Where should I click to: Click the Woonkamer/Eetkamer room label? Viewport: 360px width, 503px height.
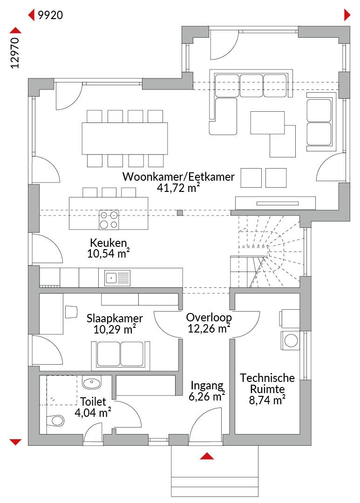(x=178, y=177)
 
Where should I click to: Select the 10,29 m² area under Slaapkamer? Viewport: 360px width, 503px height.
(x=115, y=329)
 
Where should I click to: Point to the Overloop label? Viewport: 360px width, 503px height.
(x=209, y=318)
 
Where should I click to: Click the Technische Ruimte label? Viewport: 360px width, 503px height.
(x=267, y=383)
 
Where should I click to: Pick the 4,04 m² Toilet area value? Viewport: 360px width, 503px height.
(x=93, y=413)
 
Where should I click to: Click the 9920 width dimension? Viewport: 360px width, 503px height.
(x=50, y=15)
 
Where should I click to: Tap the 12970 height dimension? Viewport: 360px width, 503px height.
(x=15, y=53)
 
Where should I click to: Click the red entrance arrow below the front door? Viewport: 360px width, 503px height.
(x=207, y=456)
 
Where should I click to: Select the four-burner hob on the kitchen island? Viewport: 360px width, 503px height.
(x=109, y=220)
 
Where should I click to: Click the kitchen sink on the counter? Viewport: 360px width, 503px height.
(x=117, y=278)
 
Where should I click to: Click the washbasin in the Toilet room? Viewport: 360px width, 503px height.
(x=91, y=382)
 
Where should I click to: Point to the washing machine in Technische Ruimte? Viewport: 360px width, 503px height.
(x=290, y=340)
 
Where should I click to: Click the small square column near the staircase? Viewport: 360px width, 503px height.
(x=180, y=212)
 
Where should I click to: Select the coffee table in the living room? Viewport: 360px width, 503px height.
(x=268, y=122)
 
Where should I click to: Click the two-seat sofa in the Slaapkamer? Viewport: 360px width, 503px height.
(x=120, y=354)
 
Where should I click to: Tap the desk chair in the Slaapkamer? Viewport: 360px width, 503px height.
(x=71, y=312)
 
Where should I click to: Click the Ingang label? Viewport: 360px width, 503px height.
(x=207, y=386)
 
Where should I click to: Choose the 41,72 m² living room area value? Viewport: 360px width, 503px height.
(x=178, y=188)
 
